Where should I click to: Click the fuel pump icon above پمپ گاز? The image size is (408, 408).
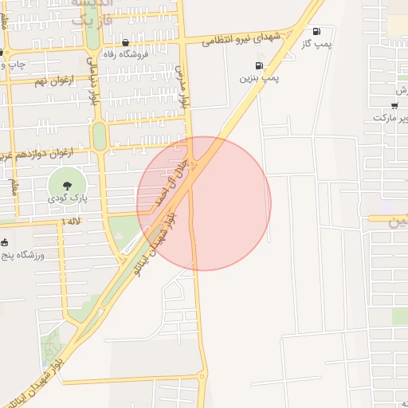coord(317,32)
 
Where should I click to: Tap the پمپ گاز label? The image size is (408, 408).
coord(317,45)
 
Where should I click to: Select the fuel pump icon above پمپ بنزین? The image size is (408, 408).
coord(258,66)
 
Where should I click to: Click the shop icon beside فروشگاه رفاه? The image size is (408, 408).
coord(125,43)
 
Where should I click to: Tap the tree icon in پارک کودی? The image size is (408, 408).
coord(66,184)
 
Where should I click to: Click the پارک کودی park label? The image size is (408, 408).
coord(66,197)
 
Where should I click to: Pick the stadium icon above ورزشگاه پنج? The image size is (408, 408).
coord(5,242)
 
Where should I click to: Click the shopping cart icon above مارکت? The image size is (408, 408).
coord(394,105)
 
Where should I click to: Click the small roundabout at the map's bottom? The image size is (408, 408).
coord(202,375)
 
